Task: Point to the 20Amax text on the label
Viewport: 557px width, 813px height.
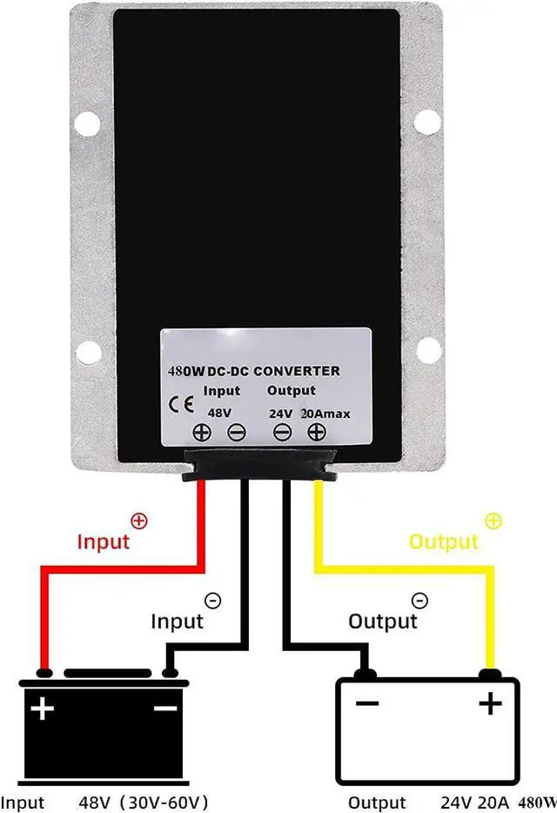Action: click(325, 413)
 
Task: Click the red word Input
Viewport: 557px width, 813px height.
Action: click(104, 541)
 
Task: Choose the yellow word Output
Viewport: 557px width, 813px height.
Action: click(444, 541)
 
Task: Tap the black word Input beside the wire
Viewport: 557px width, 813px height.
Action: click(177, 621)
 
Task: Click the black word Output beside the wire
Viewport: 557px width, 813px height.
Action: click(383, 621)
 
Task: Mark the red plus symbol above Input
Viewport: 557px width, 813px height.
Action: click(138, 521)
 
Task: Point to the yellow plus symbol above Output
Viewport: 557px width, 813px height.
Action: click(493, 521)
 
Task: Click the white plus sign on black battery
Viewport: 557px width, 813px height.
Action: click(42, 709)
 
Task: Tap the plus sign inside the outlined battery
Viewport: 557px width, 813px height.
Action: click(491, 702)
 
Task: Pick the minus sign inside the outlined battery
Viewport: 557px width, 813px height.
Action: click(366, 702)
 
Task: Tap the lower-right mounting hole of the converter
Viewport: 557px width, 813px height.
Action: click(426, 352)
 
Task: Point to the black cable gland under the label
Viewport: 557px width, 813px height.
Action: click(258, 466)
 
